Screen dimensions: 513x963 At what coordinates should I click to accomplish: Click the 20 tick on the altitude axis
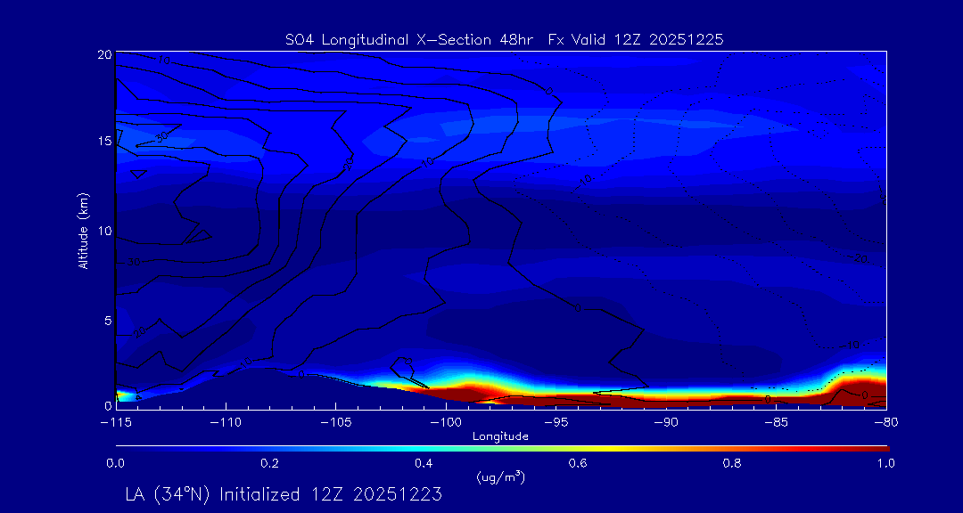(104, 54)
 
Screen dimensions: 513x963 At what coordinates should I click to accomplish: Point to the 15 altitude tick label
(104, 142)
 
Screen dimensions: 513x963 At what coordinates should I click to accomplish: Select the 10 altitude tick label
(104, 231)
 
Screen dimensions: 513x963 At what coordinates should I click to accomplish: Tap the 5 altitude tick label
(108, 319)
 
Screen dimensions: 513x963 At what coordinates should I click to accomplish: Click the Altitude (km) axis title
(83, 231)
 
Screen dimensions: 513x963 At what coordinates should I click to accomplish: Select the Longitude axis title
(500, 436)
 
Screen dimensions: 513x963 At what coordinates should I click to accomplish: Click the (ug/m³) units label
(501, 477)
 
